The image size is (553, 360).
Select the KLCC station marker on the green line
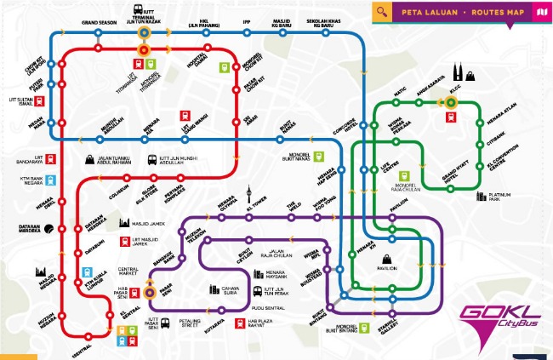tap(451, 102)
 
